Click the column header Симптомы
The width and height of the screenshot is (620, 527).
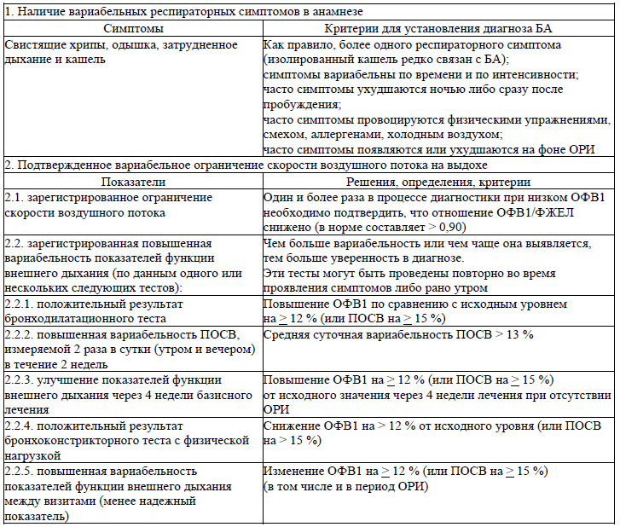tap(132, 29)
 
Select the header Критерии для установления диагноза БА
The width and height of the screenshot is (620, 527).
tap(438, 29)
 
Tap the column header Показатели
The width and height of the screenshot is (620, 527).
tap(132, 182)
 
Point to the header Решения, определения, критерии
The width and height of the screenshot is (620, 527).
tap(438, 182)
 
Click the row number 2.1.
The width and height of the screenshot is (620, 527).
tap(15, 197)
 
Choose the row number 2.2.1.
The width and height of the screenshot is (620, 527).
tap(21, 304)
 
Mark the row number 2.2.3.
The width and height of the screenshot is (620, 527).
tap(21, 380)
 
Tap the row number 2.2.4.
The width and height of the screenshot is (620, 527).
tap(21, 426)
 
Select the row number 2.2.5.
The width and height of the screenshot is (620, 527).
tap(21, 472)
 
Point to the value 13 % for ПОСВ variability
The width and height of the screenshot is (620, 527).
tap(519, 334)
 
